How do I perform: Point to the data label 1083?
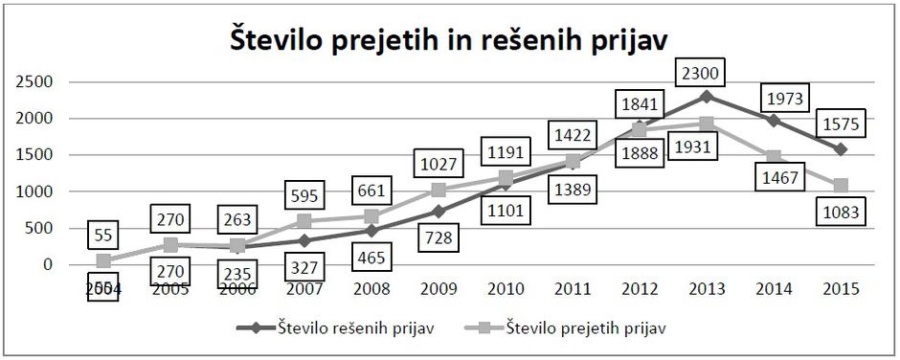842,213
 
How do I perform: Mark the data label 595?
304,195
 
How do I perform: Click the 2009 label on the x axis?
439,289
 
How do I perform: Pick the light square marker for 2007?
304,221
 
